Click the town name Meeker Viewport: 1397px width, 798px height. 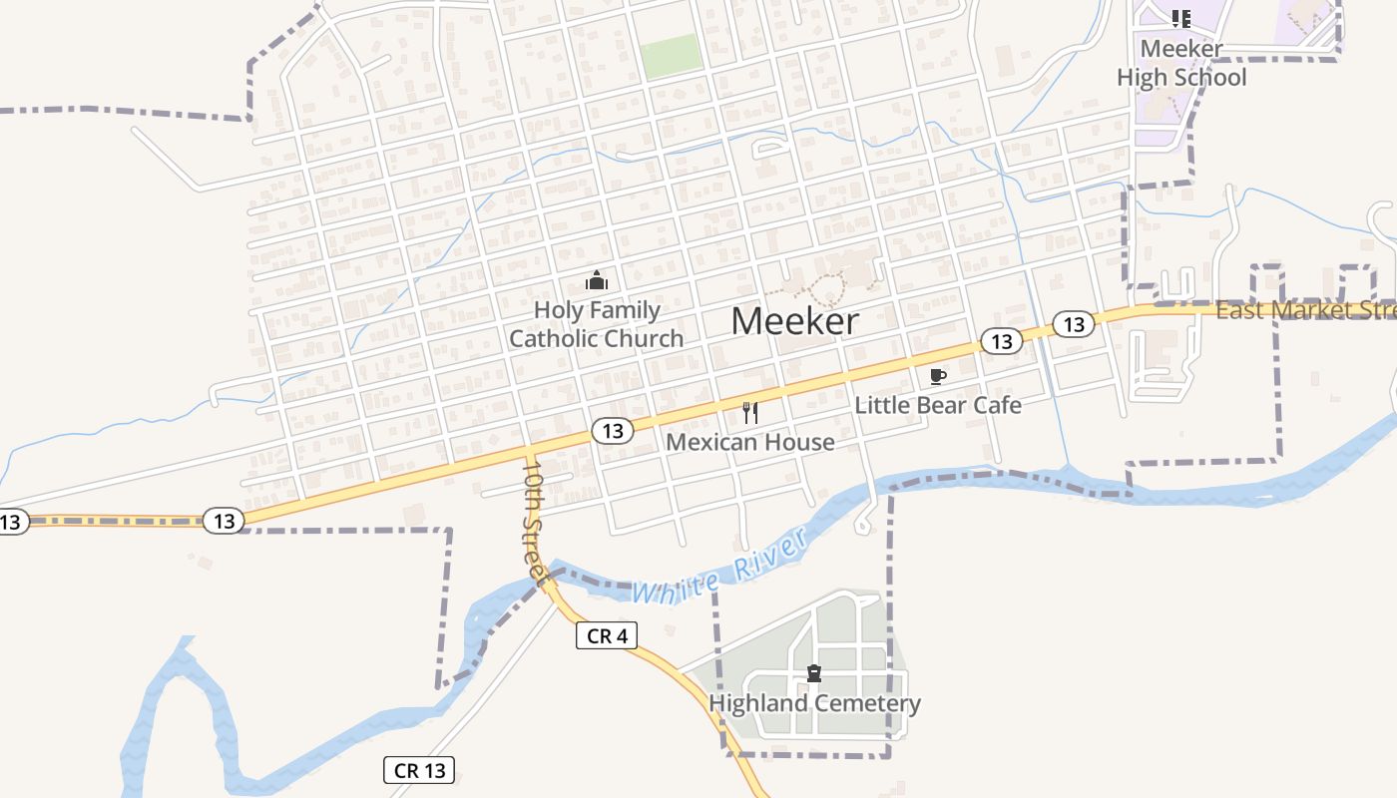794,321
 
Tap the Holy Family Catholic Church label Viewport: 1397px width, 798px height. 597,324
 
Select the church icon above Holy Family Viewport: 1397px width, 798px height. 597,280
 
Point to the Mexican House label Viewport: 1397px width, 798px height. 749,442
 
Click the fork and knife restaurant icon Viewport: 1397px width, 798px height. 750,412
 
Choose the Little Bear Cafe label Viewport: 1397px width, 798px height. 938,405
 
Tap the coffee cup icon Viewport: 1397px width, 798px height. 937,376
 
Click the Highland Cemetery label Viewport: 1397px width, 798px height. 814,703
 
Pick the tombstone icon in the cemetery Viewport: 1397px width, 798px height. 814,673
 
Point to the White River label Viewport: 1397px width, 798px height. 718,570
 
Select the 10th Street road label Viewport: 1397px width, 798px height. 535,521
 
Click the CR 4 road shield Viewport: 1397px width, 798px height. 607,635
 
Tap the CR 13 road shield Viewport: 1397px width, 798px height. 419,770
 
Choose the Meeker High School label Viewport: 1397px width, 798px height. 1181,63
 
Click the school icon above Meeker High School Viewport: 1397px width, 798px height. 1181,18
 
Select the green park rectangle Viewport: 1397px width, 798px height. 672,56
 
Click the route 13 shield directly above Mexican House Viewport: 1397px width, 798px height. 613,431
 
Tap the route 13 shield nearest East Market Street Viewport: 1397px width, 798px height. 1073,324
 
